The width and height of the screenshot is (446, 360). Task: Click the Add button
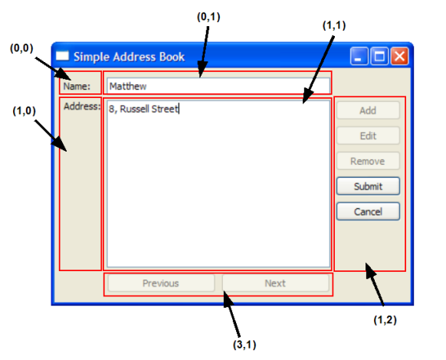368,110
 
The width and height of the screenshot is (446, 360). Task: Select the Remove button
368,161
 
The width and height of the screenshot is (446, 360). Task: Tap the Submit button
368,186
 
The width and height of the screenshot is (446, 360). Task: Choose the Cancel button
368,211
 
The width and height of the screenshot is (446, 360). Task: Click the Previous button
161,283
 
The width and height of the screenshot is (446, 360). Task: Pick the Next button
275,283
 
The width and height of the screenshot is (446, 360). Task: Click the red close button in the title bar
399,56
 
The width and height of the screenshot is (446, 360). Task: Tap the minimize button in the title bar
359,56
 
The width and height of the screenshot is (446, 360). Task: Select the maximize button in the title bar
379,56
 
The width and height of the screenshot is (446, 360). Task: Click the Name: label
77,86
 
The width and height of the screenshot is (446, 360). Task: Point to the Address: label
82,106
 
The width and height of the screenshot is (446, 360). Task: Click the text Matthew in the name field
128,86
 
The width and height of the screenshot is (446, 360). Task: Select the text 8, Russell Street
143,109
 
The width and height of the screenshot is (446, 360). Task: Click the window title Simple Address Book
130,57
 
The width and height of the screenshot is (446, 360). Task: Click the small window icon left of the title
62,55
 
